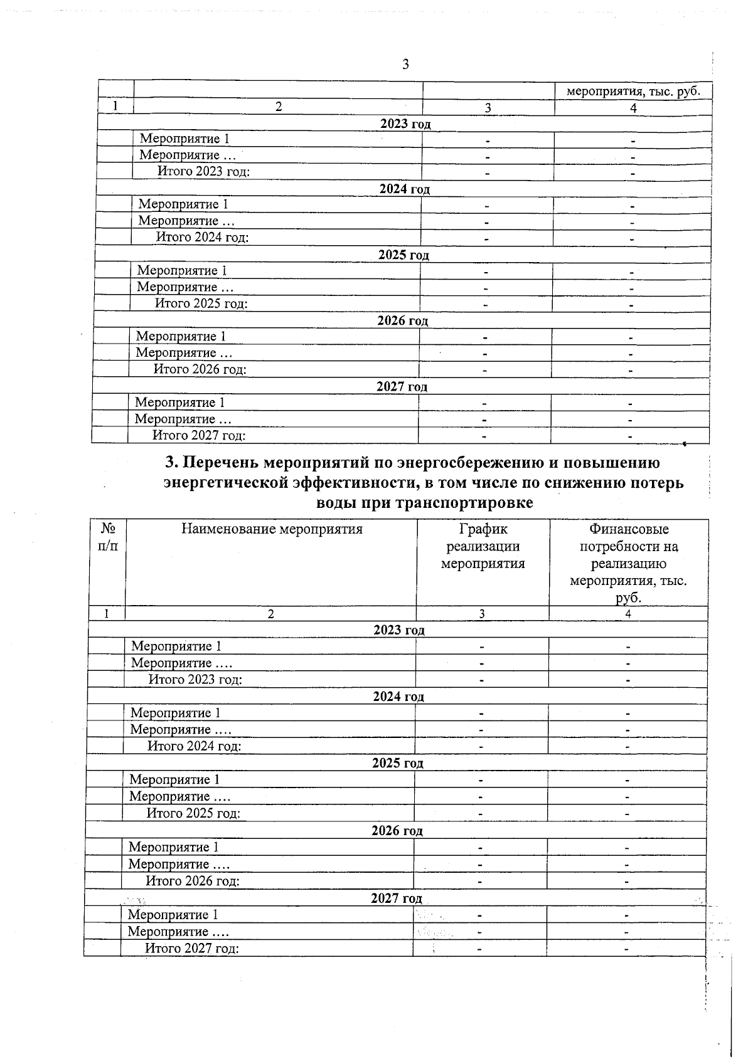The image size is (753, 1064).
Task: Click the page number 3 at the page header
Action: click(405, 64)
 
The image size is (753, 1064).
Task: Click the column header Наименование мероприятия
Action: click(272, 529)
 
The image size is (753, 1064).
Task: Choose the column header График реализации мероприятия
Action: click(483, 546)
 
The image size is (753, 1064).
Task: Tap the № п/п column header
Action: click(108, 537)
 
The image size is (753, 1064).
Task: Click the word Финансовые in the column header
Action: click(628, 529)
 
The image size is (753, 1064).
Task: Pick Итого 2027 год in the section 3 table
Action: click(192, 948)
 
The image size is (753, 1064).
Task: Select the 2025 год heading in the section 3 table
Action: click(397, 763)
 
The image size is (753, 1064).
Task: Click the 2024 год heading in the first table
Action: click(405, 189)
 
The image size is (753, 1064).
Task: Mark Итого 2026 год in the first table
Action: click(200, 369)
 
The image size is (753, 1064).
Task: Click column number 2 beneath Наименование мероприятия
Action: click(270, 614)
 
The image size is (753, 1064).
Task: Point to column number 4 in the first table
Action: click(633, 108)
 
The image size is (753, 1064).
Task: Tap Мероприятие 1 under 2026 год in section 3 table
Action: click(174, 847)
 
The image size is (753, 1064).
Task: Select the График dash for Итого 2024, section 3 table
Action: click(481, 747)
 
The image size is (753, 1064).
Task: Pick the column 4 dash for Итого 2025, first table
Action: click(631, 305)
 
